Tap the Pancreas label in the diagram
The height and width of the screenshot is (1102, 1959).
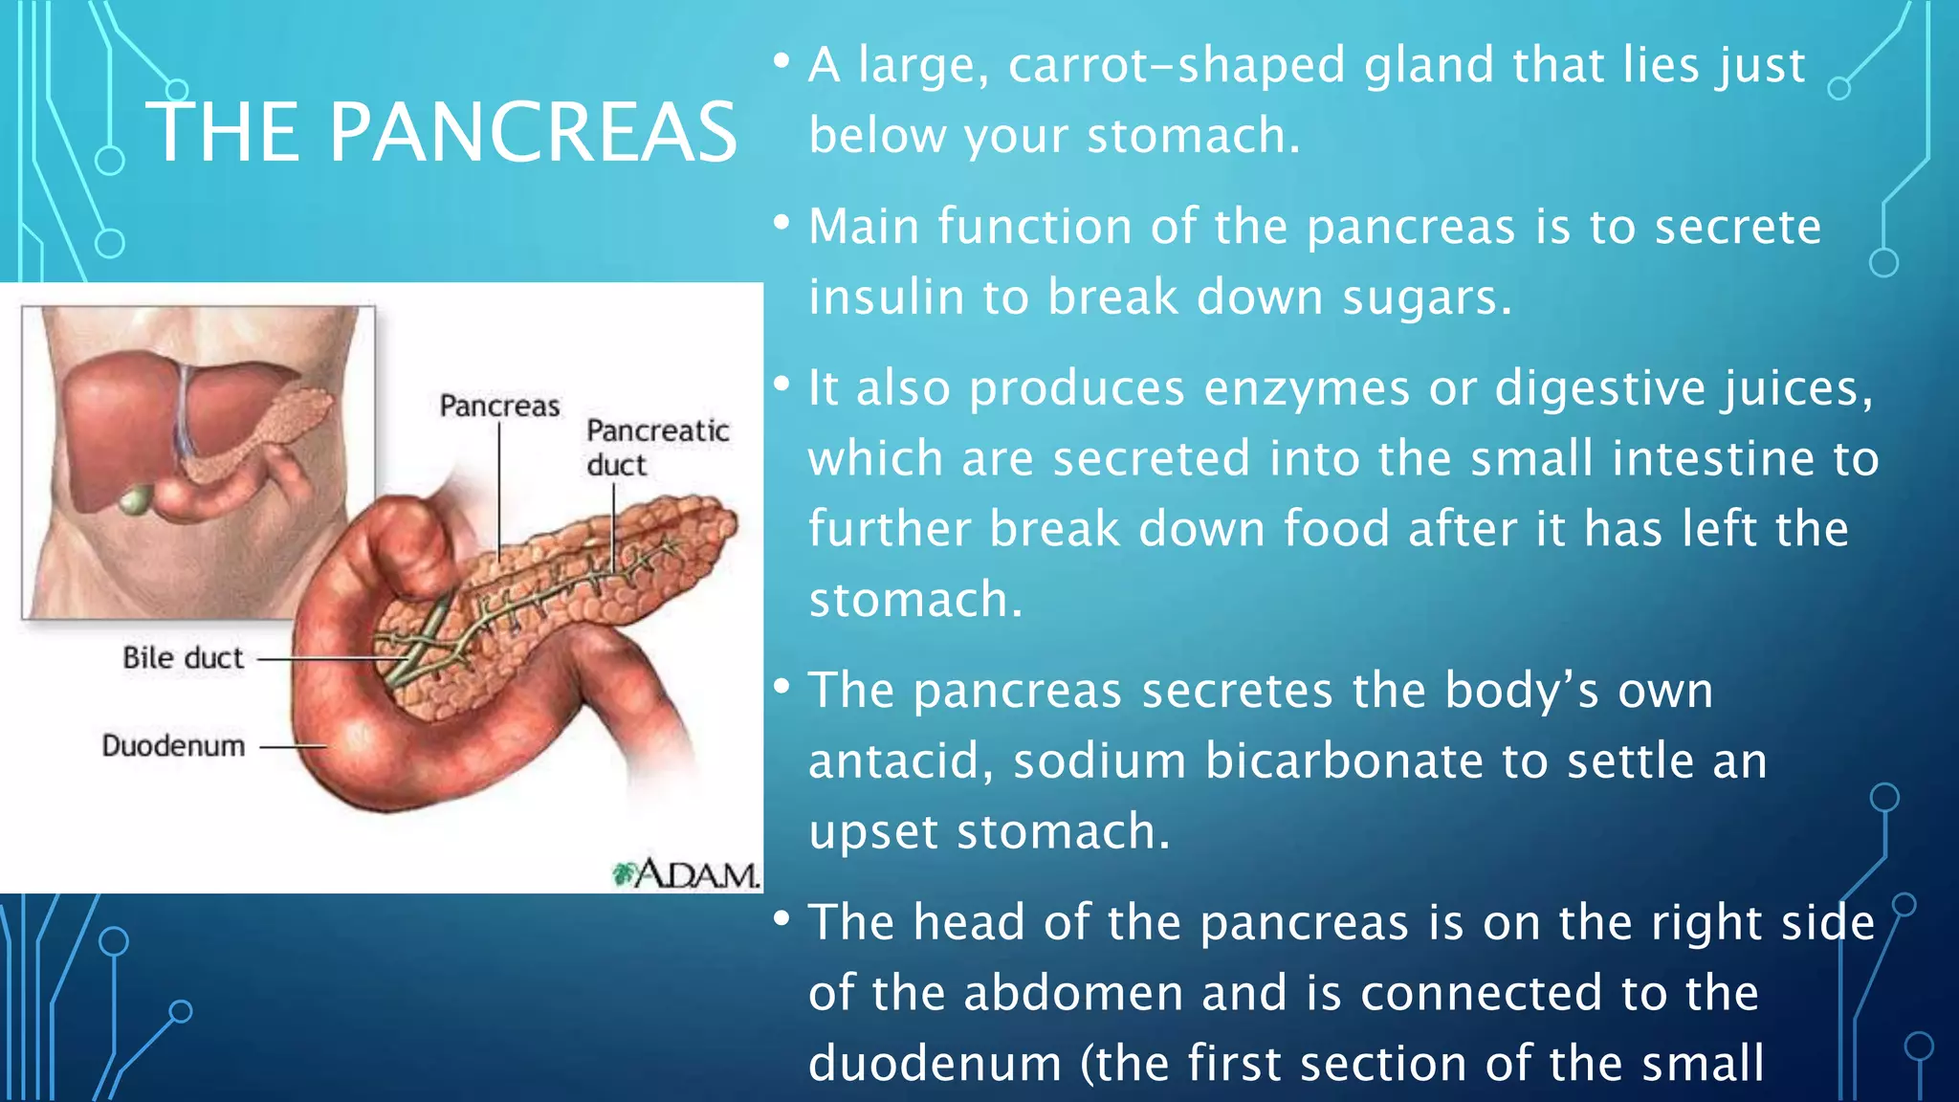coord(499,406)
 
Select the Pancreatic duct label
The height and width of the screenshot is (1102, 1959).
coord(658,447)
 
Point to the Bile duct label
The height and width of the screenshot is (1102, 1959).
coord(183,658)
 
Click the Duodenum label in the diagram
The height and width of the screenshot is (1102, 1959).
coord(173,745)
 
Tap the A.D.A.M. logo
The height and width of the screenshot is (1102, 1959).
coord(686,873)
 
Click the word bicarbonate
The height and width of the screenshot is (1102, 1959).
coord(1344,760)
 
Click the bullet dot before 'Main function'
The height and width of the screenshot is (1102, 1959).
coord(782,225)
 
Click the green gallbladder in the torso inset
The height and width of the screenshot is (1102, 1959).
coord(137,499)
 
